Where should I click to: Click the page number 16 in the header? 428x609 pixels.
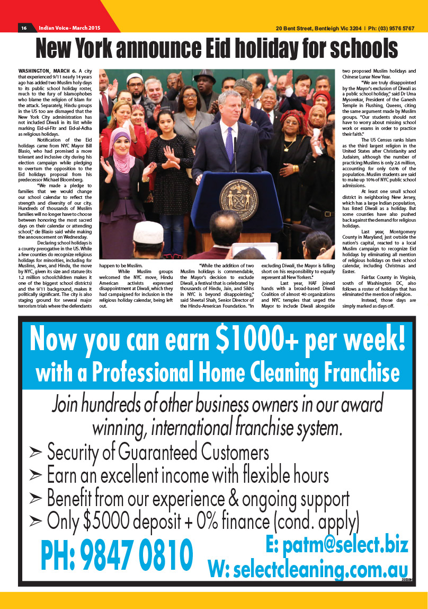pyautogui.click(x=24, y=28)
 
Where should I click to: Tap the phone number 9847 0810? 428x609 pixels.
pyautogui.click(x=117, y=555)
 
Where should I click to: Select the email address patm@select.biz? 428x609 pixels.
pyautogui.click(x=337, y=545)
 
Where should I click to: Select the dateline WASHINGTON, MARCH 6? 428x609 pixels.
pyautogui.click(x=47, y=71)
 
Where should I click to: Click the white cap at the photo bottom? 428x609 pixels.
pyautogui.click(x=149, y=232)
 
